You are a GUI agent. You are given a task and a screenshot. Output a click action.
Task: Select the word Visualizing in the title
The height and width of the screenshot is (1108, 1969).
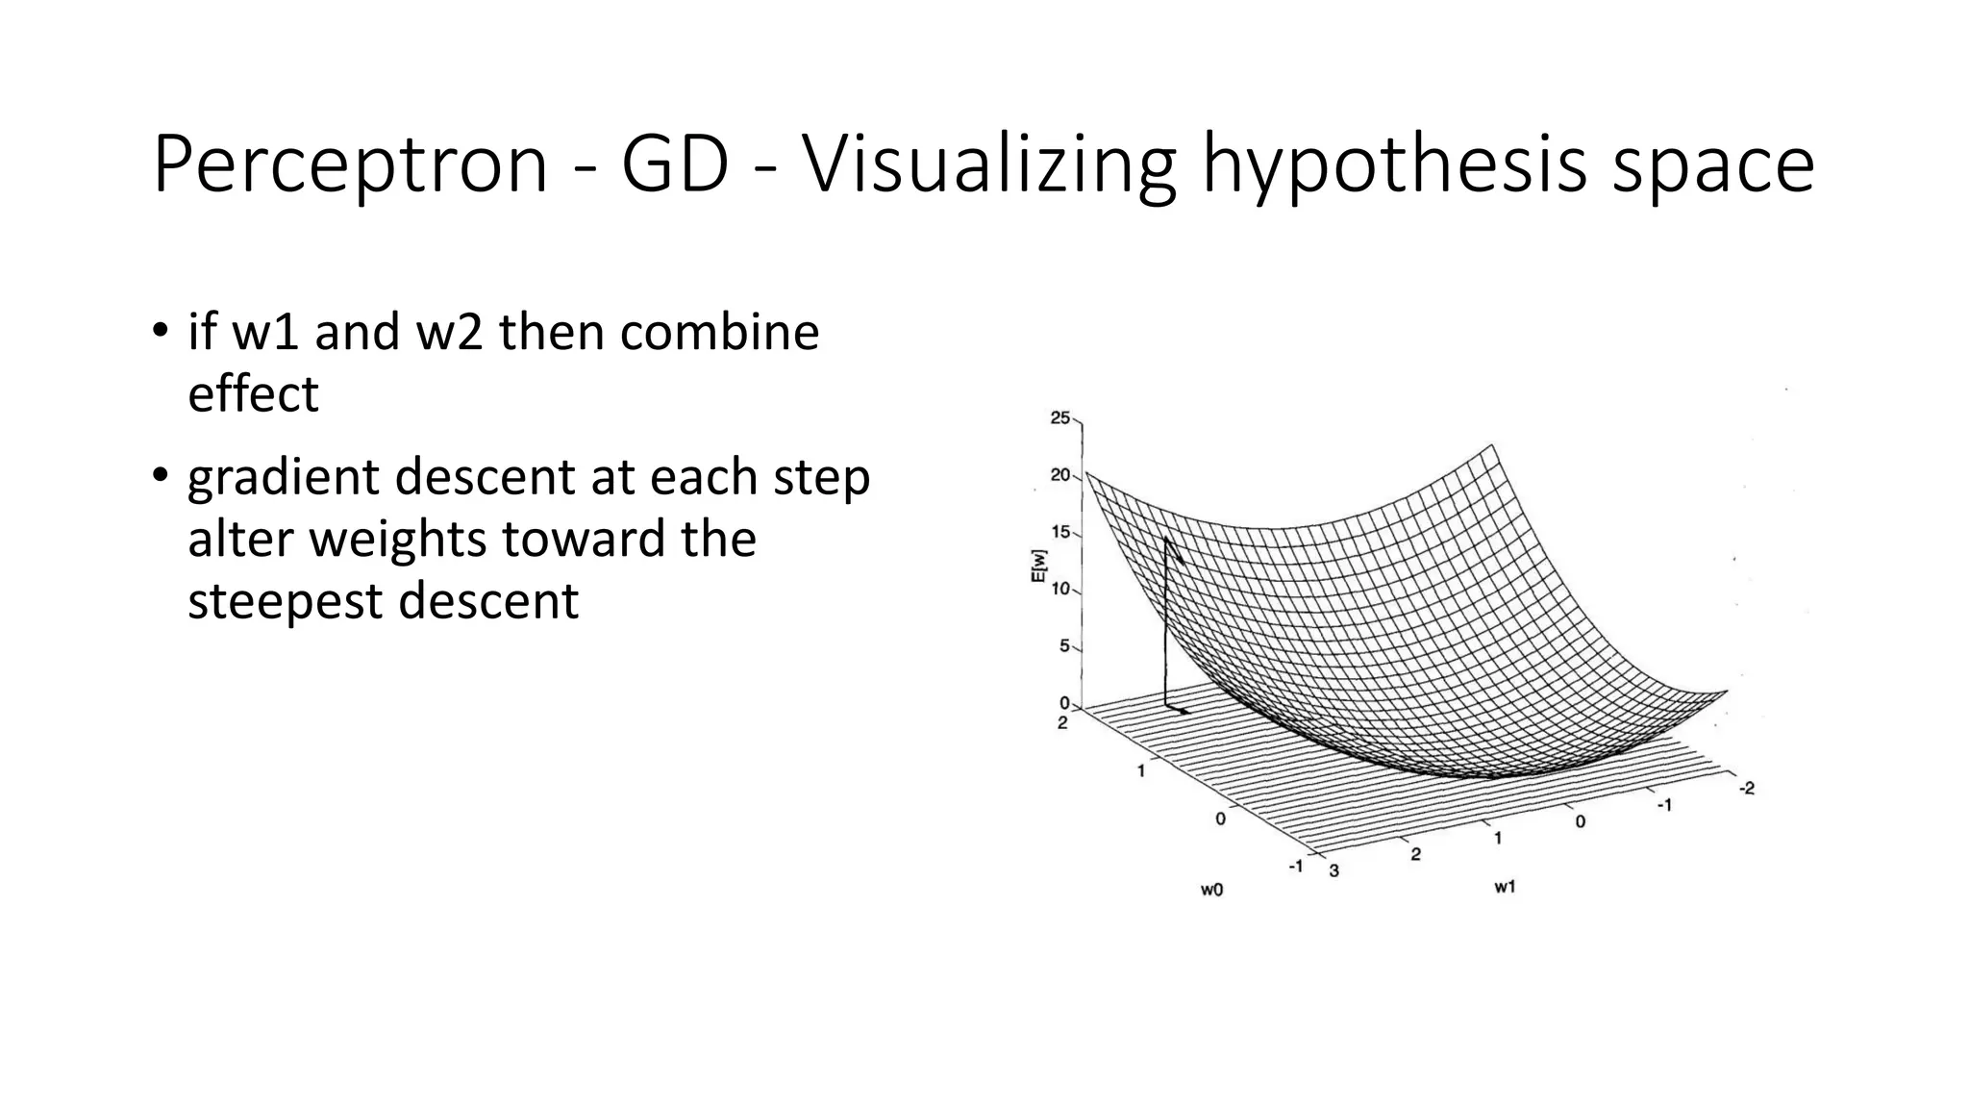point(988,165)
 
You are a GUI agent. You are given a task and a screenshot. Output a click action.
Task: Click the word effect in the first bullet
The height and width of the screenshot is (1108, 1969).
point(253,393)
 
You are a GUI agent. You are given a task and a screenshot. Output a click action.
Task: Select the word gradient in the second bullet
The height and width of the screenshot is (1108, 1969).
point(284,478)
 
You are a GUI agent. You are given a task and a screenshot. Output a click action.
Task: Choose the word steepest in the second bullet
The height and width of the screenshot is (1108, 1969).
point(286,601)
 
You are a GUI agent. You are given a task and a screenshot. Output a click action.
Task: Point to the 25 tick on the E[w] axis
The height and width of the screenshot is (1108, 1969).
point(1060,417)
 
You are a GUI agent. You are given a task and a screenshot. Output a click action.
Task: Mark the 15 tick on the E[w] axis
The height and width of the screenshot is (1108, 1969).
point(1060,532)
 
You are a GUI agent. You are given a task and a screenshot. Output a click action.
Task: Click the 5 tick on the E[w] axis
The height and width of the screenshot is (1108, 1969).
point(1064,645)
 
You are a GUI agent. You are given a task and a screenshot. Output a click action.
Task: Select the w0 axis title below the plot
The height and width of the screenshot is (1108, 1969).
point(1211,890)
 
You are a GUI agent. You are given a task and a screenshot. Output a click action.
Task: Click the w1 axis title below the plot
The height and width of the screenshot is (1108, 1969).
point(1505,887)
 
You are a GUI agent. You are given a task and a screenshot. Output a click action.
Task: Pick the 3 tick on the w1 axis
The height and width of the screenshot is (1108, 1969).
point(1333,871)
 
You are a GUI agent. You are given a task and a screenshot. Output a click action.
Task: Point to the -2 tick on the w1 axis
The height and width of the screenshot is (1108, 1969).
point(1746,789)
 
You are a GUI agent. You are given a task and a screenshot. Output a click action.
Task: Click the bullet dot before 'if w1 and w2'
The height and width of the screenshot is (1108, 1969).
point(160,331)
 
